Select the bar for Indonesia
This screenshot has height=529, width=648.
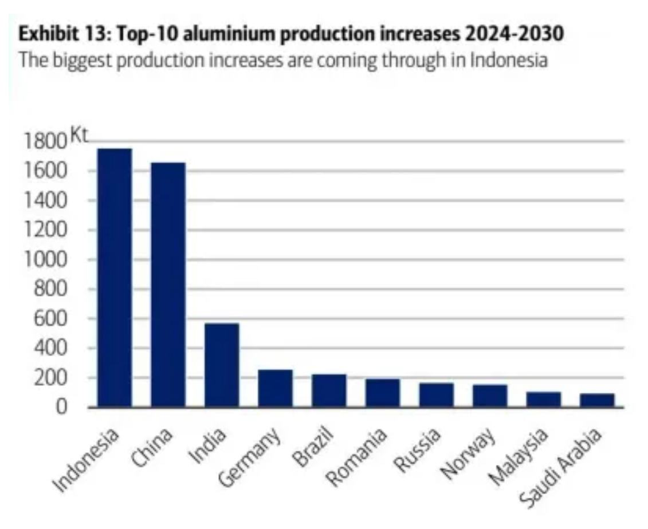(x=115, y=278)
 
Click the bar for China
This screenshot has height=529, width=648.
(x=168, y=285)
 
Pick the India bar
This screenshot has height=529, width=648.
(x=222, y=365)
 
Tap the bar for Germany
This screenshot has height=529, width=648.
(x=276, y=388)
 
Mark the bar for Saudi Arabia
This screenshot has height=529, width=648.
(x=597, y=400)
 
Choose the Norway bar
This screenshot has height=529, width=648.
(x=490, y=396)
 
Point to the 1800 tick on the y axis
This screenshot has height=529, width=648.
(x=44, y=141)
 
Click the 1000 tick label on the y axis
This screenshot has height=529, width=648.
(x=44, y=259)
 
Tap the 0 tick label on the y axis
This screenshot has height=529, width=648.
(x=60, y=407)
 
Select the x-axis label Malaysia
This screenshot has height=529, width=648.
(x=520, y=459)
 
